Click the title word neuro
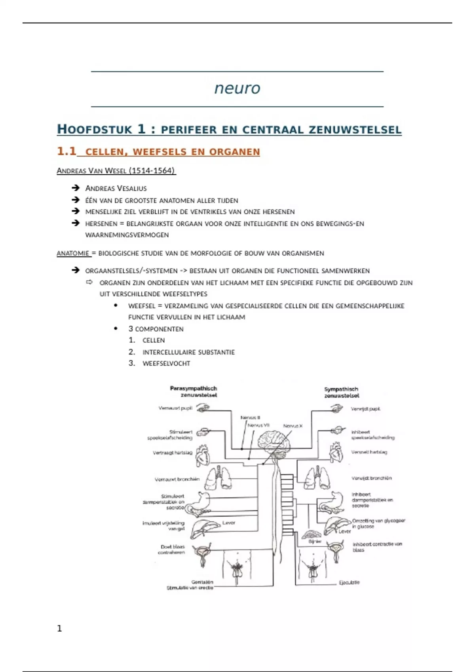237,88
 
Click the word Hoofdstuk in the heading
95,130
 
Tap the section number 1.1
66,151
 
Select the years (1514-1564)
152,171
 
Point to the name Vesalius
131,189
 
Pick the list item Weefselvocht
166,363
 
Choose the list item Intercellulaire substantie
188,352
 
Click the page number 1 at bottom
59,629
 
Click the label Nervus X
293,426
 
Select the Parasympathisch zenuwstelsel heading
194,392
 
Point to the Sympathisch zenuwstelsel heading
341,393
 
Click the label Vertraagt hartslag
173,453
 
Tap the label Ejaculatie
349,583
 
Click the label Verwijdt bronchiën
371,478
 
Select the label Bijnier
315,542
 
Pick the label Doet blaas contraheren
172,549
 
